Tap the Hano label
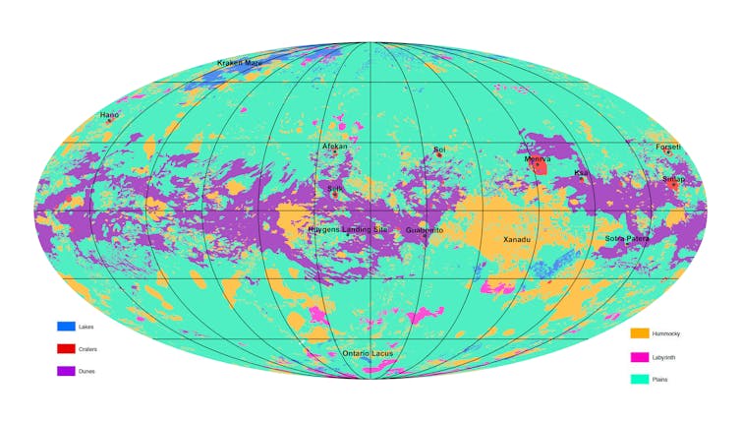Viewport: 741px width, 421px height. (x=109, y=115)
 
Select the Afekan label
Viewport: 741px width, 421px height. (x=335, y=146)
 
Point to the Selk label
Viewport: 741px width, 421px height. (x=335, y=187)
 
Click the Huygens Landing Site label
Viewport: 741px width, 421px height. (x=348, y=229)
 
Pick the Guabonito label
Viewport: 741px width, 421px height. (x=425, y=230)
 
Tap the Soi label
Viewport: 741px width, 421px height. (x=439, y=150)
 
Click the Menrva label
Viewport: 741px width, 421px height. (x=537, y=158)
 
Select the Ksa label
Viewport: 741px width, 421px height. (x=581, y=173)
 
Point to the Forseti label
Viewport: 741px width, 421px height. (x=668, y=147)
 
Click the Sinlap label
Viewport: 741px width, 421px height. (x=673, y=179)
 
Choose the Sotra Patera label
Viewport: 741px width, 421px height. (x=627, y=238)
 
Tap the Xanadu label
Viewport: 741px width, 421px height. (x=518, y=239)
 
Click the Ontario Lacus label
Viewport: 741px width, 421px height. (x=368, y=353)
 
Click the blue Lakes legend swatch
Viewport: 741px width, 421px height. (x=66, y=326)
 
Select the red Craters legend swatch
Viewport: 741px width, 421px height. (x=66, y=348)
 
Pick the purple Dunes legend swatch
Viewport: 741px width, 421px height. (x=66, y=371)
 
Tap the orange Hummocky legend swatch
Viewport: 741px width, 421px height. (x=640, y=333)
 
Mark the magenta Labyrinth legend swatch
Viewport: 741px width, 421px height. (x=640, y=356)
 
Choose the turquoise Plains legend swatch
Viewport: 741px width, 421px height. (x=640, y=379)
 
